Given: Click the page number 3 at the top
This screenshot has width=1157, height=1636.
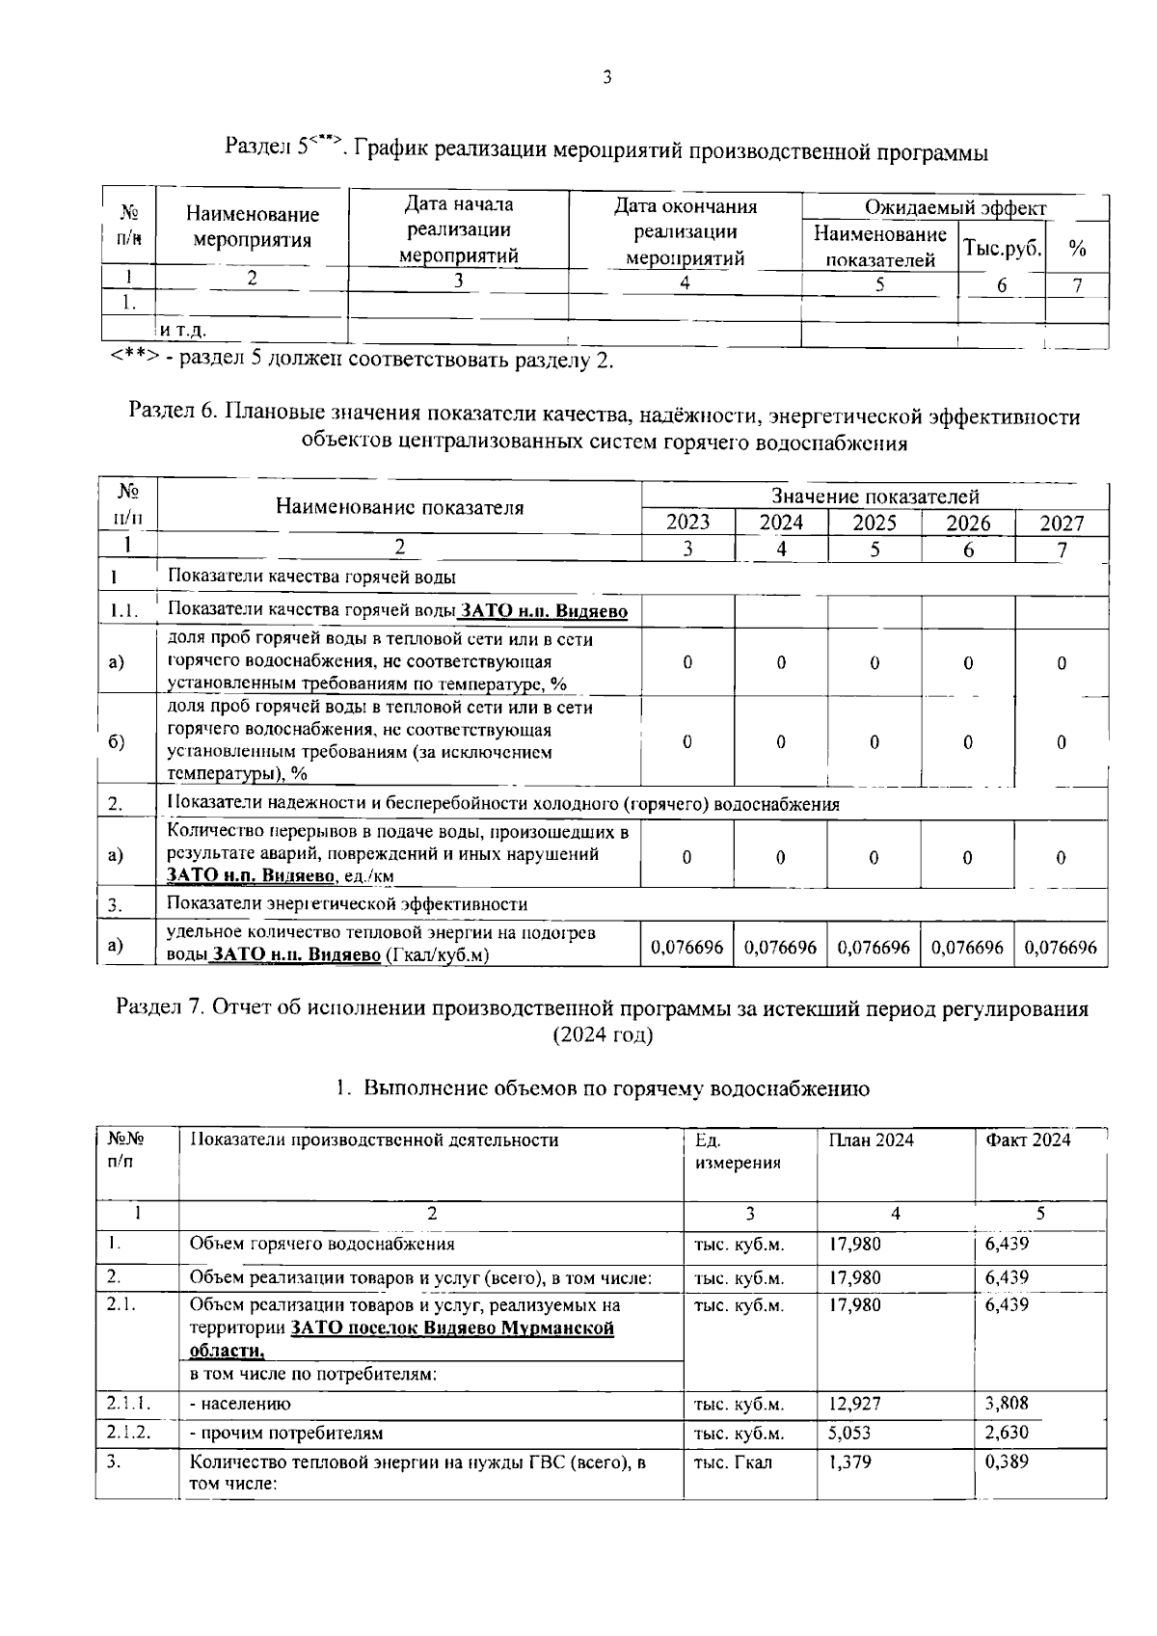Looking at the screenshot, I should point(606,78).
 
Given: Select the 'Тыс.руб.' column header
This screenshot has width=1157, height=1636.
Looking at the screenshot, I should point(1002,248).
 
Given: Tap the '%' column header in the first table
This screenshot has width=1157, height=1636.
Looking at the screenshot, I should point(1077,249).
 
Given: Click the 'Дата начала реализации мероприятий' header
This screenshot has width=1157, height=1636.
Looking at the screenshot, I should point(458,230).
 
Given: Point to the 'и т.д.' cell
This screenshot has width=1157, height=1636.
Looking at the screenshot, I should point(182,331).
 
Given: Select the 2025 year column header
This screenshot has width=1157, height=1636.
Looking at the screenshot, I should point(874,523).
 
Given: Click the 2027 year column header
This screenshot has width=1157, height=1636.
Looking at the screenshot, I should point(1062,523).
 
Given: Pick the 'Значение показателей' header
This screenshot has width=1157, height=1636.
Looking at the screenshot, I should point(874,496).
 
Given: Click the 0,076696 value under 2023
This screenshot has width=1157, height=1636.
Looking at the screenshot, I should point(687,948).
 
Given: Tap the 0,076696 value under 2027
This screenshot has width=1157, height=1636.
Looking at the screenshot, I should point(1061,948).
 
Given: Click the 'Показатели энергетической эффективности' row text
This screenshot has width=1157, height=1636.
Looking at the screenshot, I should point(347,904).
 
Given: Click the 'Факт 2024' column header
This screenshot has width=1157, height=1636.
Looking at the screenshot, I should point(1028,1140).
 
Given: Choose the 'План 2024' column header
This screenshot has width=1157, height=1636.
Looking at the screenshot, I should point(871,1140).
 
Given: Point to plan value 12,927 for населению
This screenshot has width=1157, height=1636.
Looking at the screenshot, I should point(854,1404).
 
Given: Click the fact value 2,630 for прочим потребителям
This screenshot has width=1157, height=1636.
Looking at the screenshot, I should point(1007,1433).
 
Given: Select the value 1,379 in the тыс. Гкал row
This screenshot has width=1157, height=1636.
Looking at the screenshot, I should point(850,1462).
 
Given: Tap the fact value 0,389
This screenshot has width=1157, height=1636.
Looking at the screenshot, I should point(1007,1462).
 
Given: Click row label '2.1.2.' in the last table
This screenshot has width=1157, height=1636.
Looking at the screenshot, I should point(128,1433).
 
